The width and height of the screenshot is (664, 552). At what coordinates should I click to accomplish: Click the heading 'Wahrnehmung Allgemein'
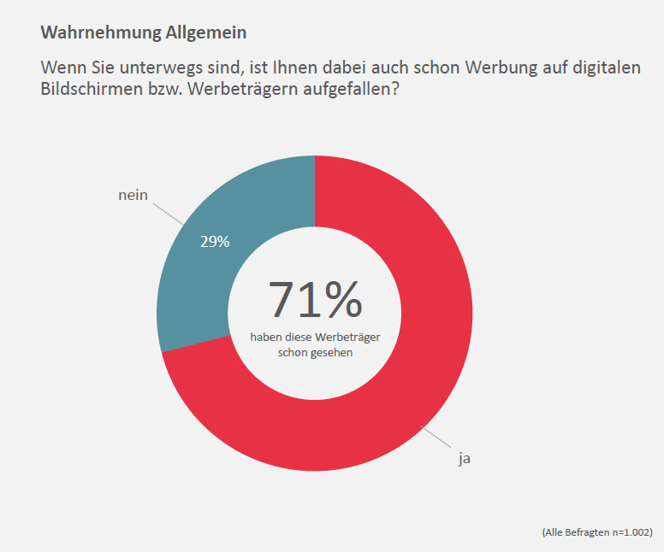(144, 33)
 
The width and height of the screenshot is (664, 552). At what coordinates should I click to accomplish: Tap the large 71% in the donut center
(315, 299)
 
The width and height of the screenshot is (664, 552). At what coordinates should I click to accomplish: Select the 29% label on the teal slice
(215, 242)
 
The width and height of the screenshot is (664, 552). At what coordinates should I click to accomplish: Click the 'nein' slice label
(133, 195)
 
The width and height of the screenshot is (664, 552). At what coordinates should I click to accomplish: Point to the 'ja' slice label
(465, 459)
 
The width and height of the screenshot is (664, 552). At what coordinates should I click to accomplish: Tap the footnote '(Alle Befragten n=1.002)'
(596, 531)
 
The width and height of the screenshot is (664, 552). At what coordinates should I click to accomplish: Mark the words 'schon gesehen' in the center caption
(315, 352)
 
